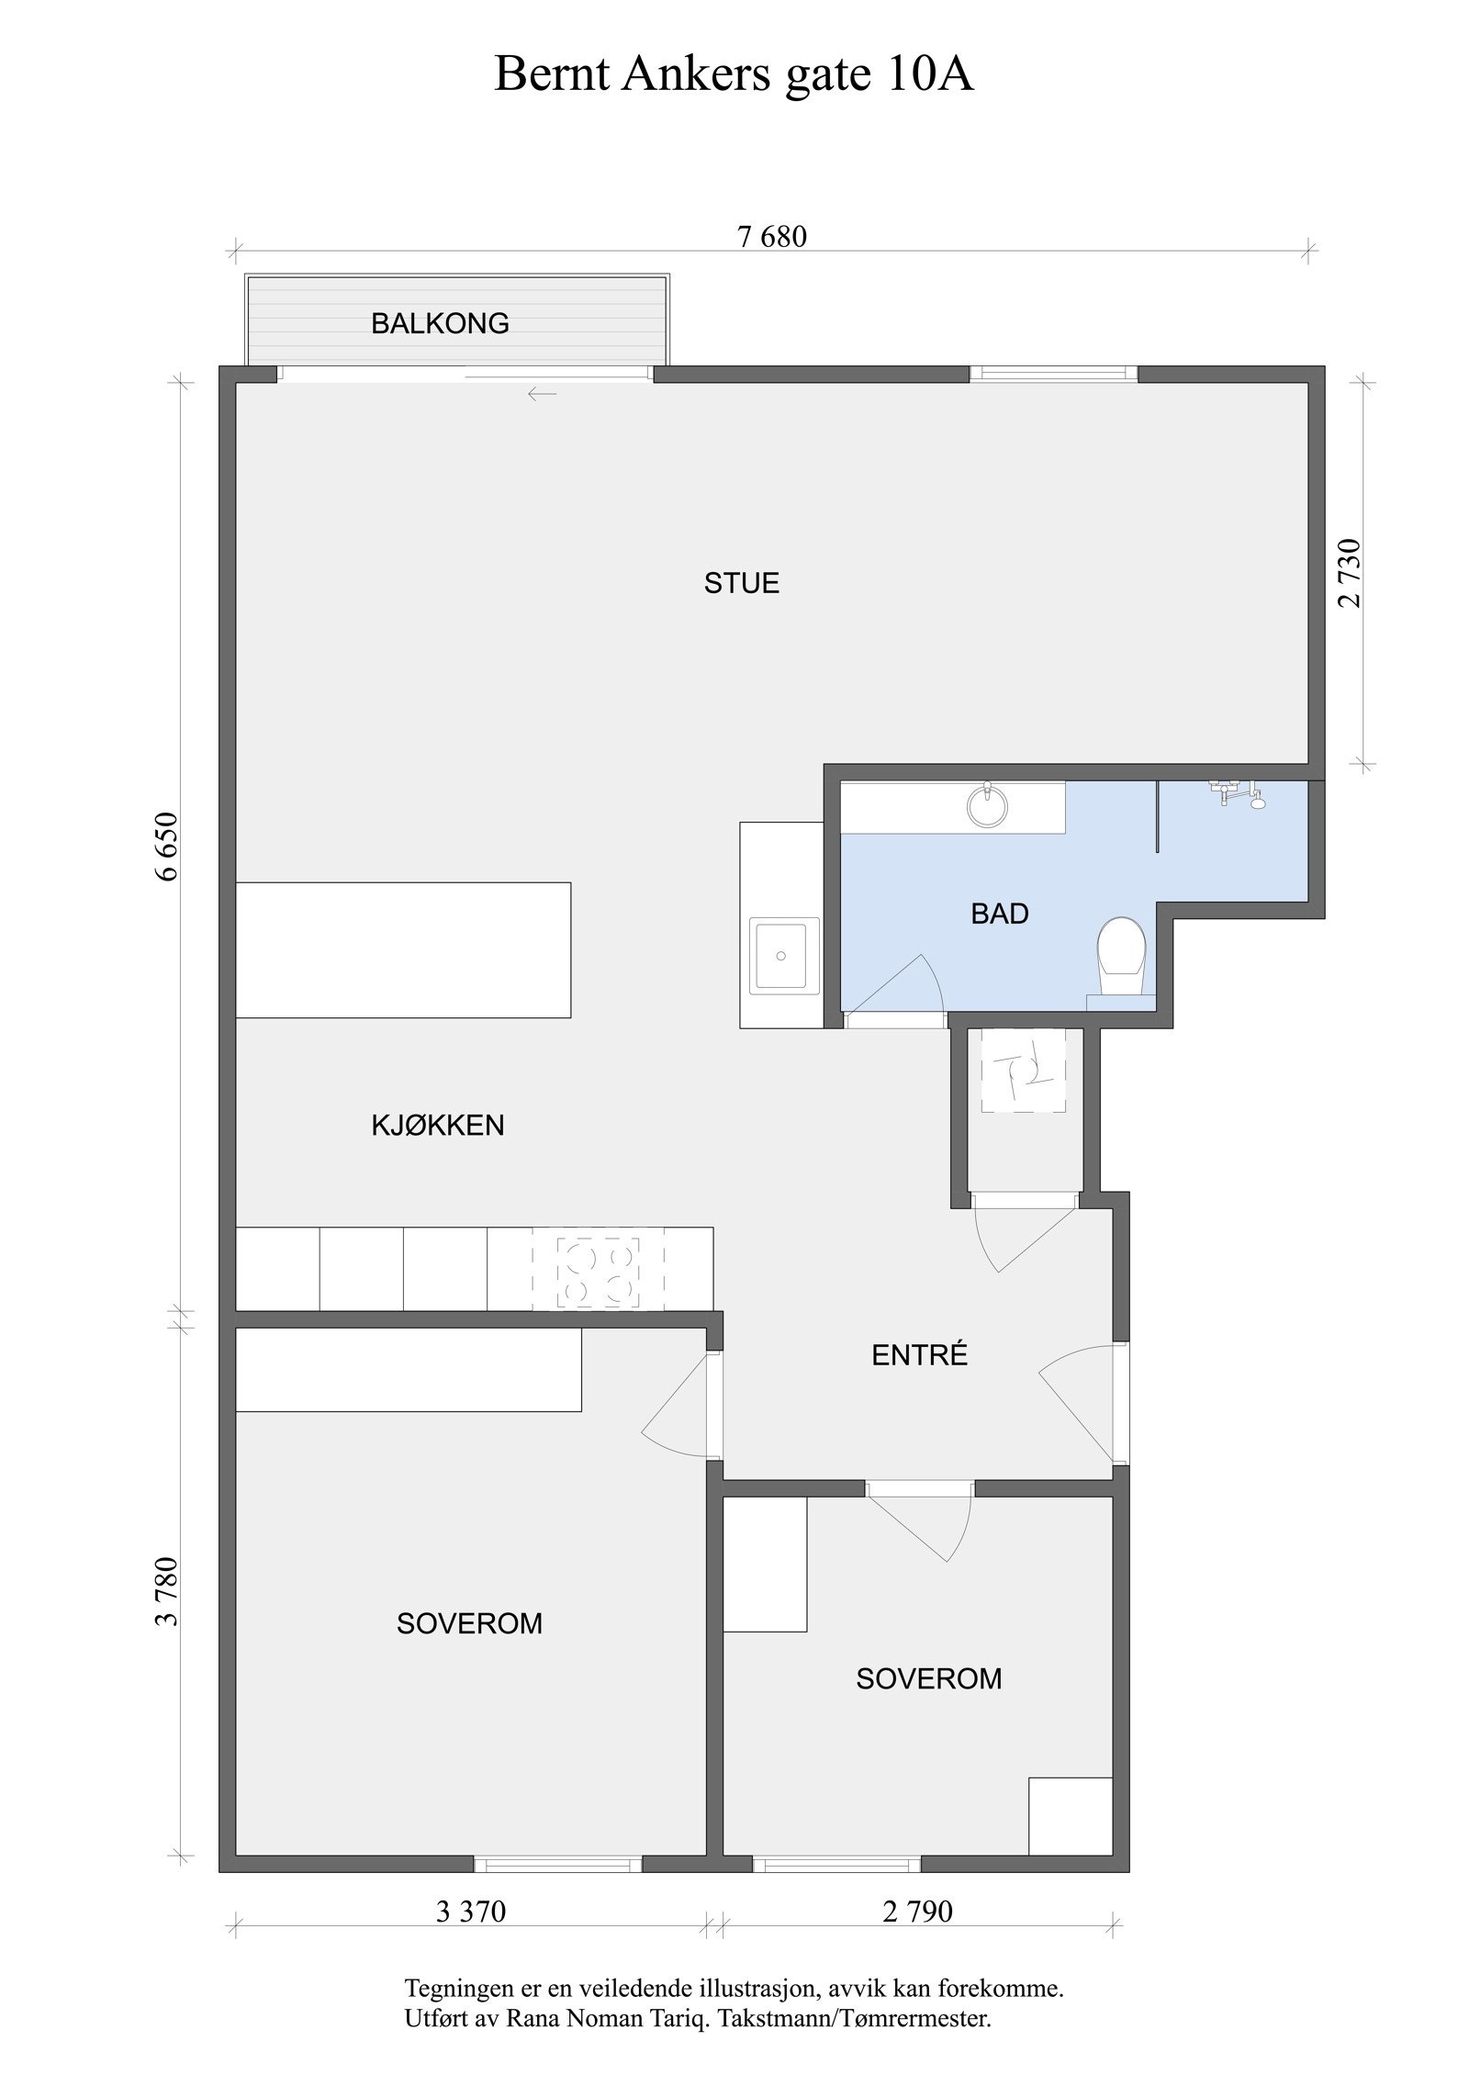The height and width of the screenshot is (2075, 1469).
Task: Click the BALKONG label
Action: pos(440,323)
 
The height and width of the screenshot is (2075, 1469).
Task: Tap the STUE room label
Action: pos(742,583)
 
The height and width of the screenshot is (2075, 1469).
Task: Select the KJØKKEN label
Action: pos(438,1125)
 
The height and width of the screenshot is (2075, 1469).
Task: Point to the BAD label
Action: pos(1000,914)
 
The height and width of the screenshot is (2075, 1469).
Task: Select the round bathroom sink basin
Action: pos(988,807)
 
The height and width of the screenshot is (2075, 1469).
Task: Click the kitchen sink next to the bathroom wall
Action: pos(780,955)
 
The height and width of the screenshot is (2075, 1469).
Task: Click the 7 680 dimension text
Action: pos(772,237)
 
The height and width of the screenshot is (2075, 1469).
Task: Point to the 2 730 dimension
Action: pos(1350,573)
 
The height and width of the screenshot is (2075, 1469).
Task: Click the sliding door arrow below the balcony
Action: pos(542,395)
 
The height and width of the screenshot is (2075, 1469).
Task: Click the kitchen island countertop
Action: pos(403,949)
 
